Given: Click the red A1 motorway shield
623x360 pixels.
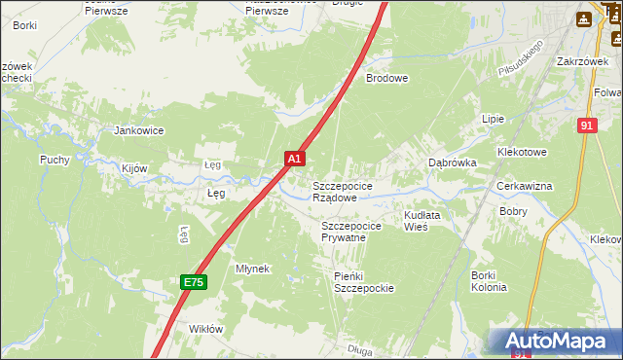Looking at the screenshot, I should (295, 157).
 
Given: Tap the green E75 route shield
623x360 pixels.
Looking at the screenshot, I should (194, 282).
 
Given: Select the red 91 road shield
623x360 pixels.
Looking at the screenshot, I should (585, 126).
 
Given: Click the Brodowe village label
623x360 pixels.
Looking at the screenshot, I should (386, 78).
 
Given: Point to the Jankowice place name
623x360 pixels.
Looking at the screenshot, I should (138, 130).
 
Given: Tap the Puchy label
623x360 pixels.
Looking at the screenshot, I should (55, 160).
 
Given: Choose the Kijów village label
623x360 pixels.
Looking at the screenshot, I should (134, 168).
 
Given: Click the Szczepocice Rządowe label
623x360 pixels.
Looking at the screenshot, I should (341, 191).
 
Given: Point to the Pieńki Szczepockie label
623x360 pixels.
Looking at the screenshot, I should (363, 282).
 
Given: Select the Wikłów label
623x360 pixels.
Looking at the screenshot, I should (205, 329).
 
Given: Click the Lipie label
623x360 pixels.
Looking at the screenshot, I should (493, 119).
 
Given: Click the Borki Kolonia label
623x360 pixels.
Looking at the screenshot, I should (489, 281).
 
